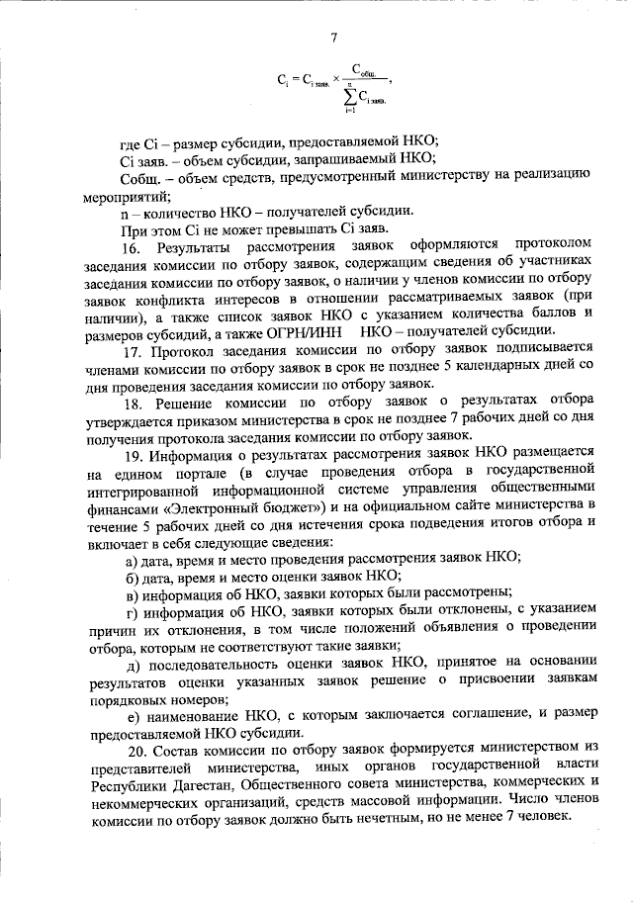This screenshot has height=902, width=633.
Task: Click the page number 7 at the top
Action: pos(334,39)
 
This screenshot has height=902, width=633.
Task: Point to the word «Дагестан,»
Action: pos(196,783)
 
